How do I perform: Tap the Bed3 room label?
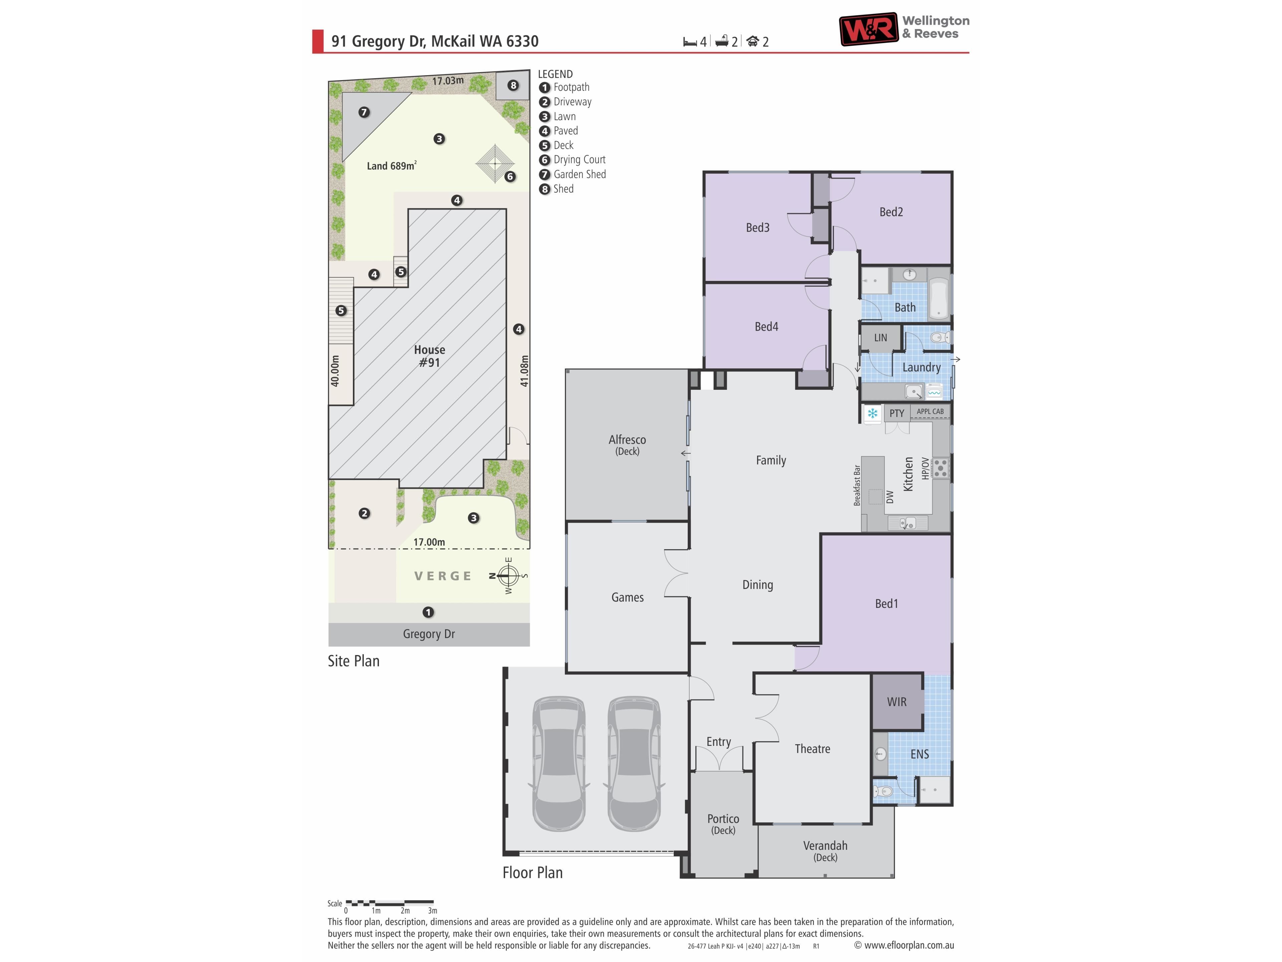pos(758,228)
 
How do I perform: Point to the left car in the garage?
pos(559,763)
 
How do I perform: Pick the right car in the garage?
pos(634,763)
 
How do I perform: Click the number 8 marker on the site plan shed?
pos(513,85)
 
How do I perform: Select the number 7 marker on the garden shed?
pos(364,112)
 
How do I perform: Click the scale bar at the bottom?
pos(390,903)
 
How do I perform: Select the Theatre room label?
pos(812,749)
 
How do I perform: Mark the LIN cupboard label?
pos(880,337)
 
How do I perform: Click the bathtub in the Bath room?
pos(939,299)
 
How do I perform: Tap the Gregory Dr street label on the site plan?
pos(429,634)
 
